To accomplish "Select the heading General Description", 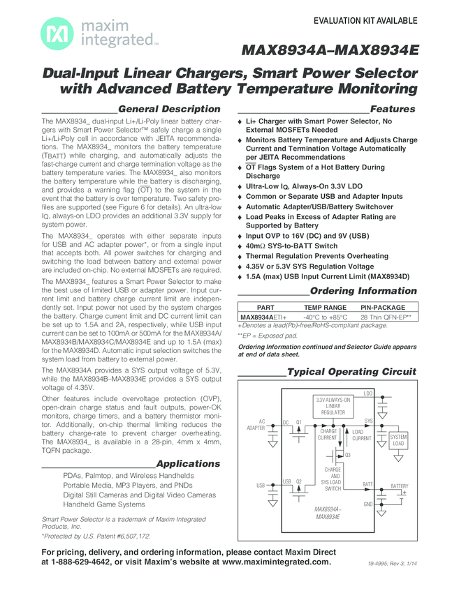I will (x=170, y=109).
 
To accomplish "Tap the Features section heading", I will (x=393, y=109).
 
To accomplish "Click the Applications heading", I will (x=188, y=463).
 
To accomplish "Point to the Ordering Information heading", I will (x=363, y=290).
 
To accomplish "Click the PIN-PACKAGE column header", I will (x=383, y=307).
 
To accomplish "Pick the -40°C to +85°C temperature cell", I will (x=325, y=317).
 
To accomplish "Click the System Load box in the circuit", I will (x=398, y=440).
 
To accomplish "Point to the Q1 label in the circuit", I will (x=298, y=422).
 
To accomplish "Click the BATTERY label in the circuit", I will (x=400, y=486).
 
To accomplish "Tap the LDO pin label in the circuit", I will (x=368, y=393).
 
